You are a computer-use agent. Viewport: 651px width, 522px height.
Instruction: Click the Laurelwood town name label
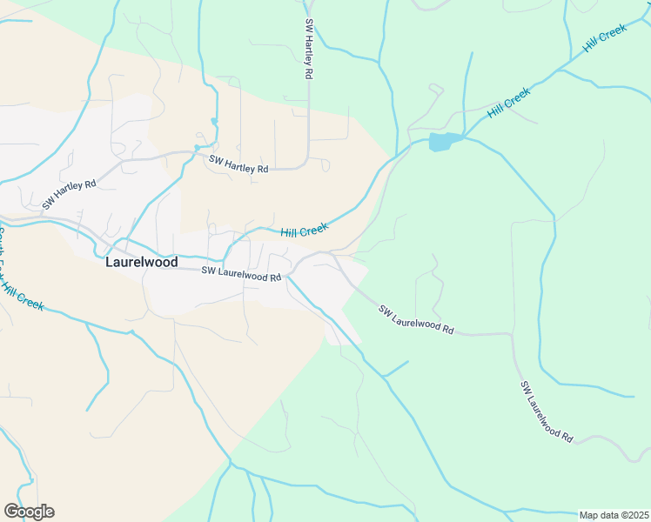(x=141, y=261)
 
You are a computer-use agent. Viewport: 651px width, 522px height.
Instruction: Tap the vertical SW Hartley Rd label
(x=308, y=50)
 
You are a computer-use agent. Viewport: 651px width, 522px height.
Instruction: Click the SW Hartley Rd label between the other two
(x=238, y=164)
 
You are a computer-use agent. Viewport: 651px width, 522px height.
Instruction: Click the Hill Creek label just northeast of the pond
(x=509, y=103)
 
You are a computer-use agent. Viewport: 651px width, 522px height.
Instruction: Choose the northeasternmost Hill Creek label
(x=605, y=38)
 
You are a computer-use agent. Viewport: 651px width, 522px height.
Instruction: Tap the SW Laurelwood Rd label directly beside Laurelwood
(x=242, y=273)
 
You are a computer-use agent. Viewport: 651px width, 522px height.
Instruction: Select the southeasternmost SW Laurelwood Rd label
(x=547, y=411)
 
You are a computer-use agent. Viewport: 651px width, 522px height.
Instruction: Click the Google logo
(x=29, y=512)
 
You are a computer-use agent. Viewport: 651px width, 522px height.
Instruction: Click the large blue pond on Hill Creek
(x=443, y=141)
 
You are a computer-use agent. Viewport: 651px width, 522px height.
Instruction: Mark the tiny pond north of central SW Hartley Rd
(x=213, y=121)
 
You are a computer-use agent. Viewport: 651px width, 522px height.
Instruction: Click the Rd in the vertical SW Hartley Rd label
(x=308, y=73)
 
